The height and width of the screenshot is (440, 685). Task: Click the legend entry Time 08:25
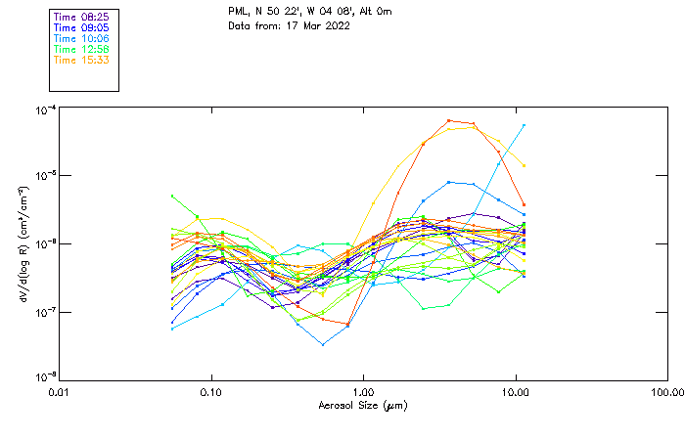point(80,18)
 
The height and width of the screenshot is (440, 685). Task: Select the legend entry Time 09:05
point(80,28)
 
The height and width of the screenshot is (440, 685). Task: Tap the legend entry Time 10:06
point(80,39)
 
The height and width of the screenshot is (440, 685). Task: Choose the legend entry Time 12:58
point(80,50)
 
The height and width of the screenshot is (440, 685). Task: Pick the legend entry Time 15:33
point(80,61)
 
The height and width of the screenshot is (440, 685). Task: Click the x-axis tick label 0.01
point(59,393)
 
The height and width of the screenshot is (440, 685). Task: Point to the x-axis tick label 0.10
point(210,393)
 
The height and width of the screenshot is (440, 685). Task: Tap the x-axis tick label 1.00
point(363,393)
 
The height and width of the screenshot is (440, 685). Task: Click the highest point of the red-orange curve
point(448,120)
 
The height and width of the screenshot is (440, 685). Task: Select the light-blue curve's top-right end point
point(524,125)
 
